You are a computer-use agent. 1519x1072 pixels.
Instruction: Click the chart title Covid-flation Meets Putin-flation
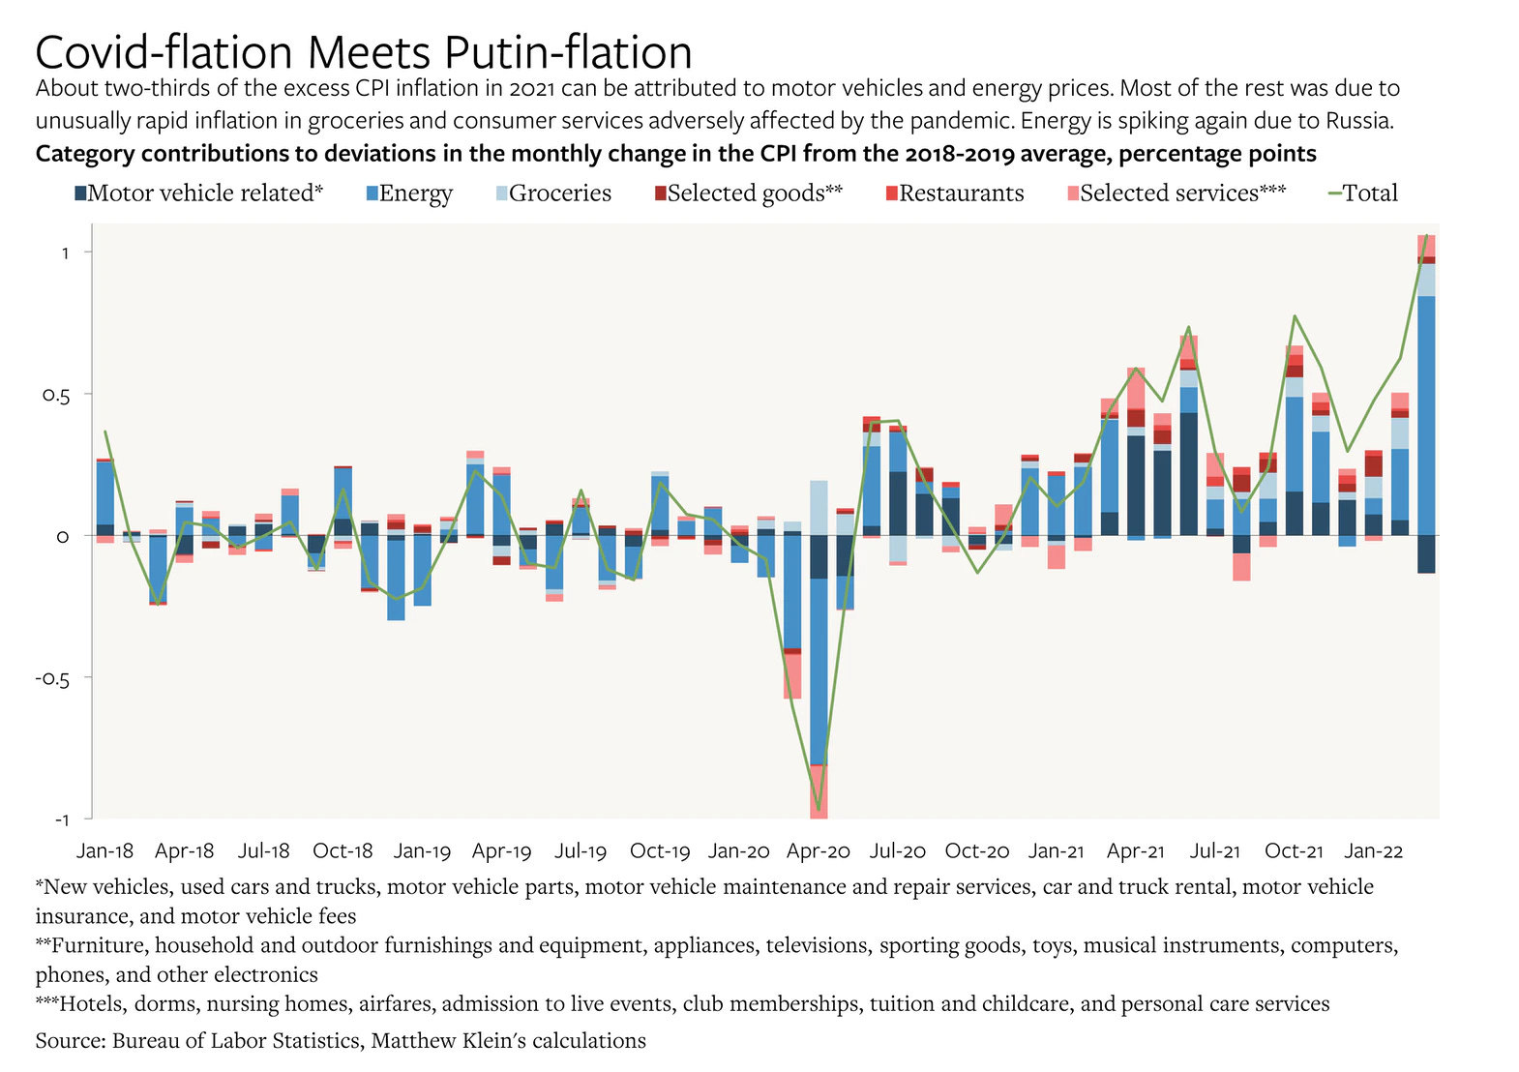coord(364,51)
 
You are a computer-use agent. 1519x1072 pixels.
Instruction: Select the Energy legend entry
coord(415,194)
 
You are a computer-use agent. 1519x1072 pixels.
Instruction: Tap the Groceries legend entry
coord(559,194)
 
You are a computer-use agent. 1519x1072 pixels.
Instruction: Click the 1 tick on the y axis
coord(65,253)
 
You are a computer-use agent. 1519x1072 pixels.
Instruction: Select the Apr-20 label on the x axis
coord(819,851)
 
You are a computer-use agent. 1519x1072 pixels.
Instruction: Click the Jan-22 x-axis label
coord(1373,851)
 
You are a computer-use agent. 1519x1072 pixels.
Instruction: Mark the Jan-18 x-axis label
coord(104,851)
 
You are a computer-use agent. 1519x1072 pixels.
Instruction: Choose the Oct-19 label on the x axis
coord(660,851)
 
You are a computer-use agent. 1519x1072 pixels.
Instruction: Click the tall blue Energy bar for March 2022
coord(1426,416)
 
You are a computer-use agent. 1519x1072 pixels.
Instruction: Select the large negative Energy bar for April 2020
coord(819,668)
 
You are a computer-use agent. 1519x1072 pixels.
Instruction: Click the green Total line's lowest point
coord(819,810)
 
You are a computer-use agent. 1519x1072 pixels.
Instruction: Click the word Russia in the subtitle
coord(1359,121)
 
